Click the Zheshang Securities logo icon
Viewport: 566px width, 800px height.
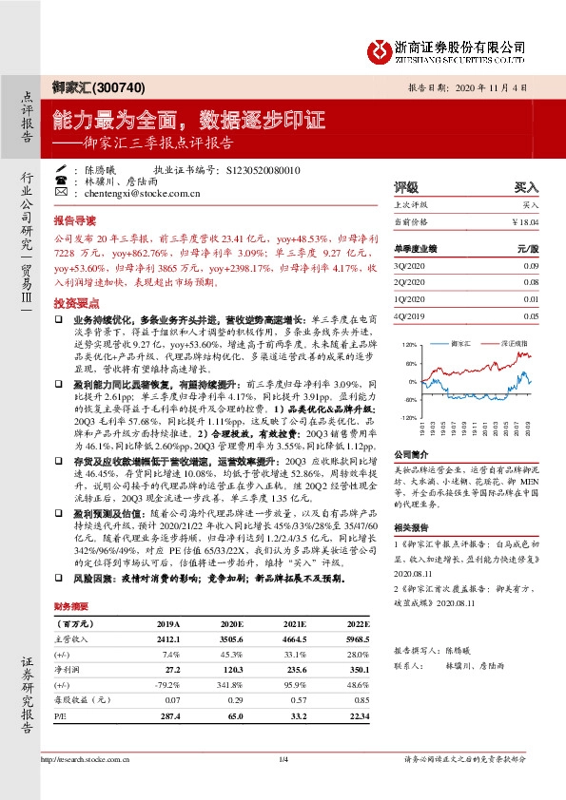[380, 47]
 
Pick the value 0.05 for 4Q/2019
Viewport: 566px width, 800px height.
[532, 315]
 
